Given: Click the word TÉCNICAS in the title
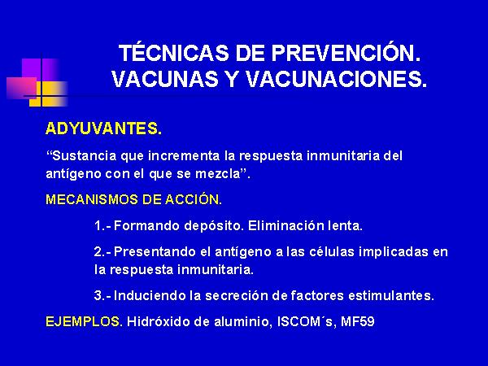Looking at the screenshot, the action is click(x=175, y=53).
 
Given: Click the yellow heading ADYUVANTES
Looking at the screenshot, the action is click(x=103, y=129).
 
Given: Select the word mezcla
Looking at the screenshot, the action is click(x=218, y=174).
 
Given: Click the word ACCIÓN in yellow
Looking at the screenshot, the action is click(x=192, y=199).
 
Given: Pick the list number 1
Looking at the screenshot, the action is click(x=98, y=225).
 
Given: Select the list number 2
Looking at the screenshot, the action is click(x=98, y=251).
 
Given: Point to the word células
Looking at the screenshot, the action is click(x=332, y=251).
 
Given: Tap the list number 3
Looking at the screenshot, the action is click(x=98, y=295).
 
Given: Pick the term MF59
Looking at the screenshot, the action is click(x=357, y=321).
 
